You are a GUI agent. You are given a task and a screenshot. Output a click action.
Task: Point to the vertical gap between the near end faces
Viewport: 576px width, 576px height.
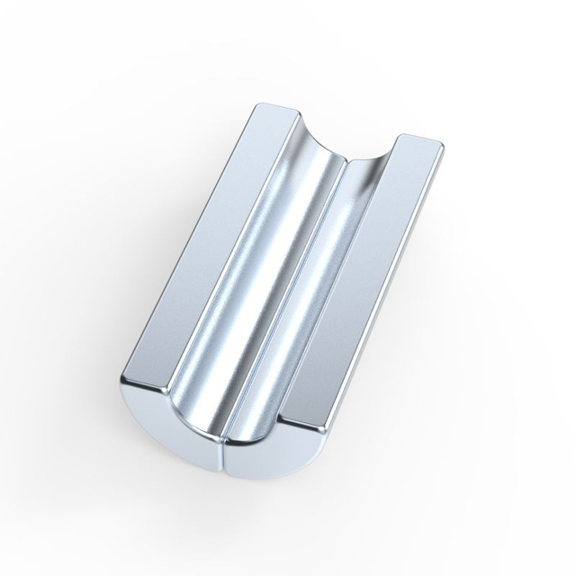[220, 454]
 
